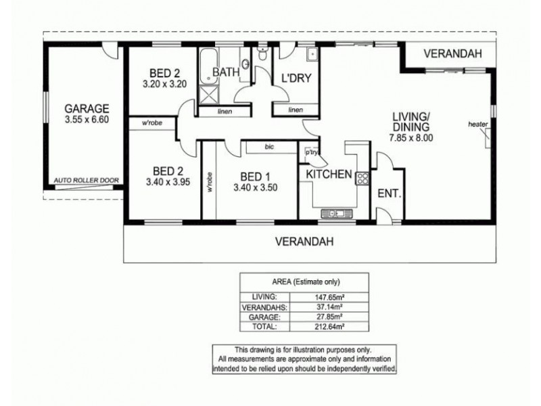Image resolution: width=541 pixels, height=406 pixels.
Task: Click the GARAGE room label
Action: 87,108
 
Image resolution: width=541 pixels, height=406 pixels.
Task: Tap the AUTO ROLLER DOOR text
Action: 87,180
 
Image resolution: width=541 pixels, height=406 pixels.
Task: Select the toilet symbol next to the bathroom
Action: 262,54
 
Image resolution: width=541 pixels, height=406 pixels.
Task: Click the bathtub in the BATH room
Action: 209,66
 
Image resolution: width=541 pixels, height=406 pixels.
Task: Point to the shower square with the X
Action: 209,95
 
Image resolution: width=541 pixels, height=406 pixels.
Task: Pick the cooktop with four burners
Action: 362,178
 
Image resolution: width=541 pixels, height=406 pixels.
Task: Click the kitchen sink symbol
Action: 337,214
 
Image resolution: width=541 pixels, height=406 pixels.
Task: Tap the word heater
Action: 478,125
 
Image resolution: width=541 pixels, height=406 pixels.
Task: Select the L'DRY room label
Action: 296,78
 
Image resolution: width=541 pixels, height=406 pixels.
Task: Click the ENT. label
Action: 390,194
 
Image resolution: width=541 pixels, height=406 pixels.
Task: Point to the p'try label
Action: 311,152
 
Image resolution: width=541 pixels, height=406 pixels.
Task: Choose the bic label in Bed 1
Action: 269,147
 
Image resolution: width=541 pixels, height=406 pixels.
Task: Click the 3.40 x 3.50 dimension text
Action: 256,188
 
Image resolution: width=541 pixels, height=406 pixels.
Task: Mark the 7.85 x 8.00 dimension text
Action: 411,138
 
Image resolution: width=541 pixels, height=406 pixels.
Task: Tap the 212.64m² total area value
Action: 329,327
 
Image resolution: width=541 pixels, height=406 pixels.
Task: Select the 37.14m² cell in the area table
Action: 329,307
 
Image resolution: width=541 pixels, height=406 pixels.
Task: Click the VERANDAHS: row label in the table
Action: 264,307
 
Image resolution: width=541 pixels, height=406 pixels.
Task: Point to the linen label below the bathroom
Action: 225,112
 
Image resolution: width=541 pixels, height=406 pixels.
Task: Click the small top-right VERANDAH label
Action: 452,53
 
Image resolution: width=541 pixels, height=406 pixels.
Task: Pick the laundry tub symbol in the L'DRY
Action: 312,55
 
